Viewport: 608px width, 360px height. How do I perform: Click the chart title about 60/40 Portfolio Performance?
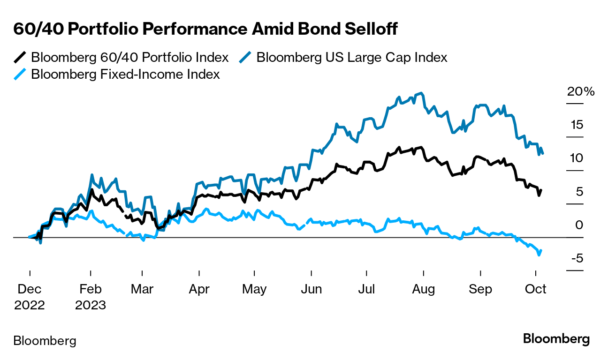click(205, 29)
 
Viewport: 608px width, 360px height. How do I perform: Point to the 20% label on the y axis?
click(581, 91)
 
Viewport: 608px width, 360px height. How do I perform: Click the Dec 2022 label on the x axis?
click(30, 297)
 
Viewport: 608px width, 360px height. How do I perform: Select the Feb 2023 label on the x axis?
click(90, 297)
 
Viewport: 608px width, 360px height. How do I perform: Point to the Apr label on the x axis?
click(199, 289)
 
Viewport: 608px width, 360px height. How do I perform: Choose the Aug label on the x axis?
click(423, 289)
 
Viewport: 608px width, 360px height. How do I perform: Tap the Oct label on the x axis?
click(536, 289)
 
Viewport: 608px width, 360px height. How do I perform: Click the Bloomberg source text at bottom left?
click(45, 341)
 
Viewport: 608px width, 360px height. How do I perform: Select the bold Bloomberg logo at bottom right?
click(556, 339)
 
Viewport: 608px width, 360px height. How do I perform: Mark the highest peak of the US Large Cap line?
click(422, 93)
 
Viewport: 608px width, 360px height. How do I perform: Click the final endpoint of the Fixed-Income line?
click(541, 250)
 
